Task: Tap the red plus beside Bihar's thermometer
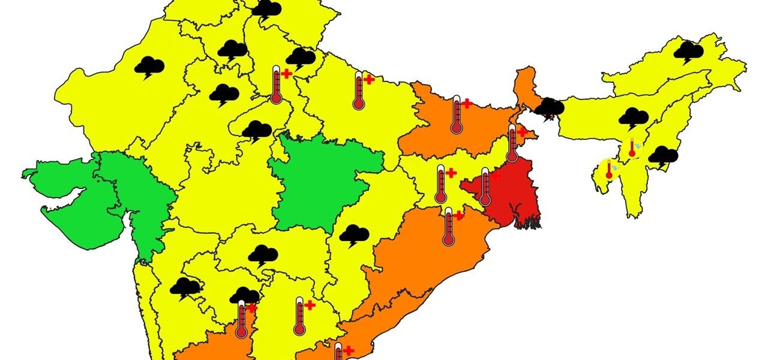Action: (466, 104)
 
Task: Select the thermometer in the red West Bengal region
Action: (485, 187)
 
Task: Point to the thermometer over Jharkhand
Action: (441, 184)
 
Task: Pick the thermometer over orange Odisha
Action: (448, 226)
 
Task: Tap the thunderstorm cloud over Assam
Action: (633, 118)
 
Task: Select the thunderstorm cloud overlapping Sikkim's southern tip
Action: (549, 109)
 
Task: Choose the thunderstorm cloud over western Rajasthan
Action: (149, 67)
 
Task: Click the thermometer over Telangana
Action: (299, 316)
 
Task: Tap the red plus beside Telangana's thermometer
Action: (310, 305)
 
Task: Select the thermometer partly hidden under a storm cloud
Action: (241, 320)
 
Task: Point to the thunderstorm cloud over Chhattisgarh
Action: (354, 235)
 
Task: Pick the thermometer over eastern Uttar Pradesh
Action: (359, 91)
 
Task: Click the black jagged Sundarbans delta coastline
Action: (527, 224)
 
